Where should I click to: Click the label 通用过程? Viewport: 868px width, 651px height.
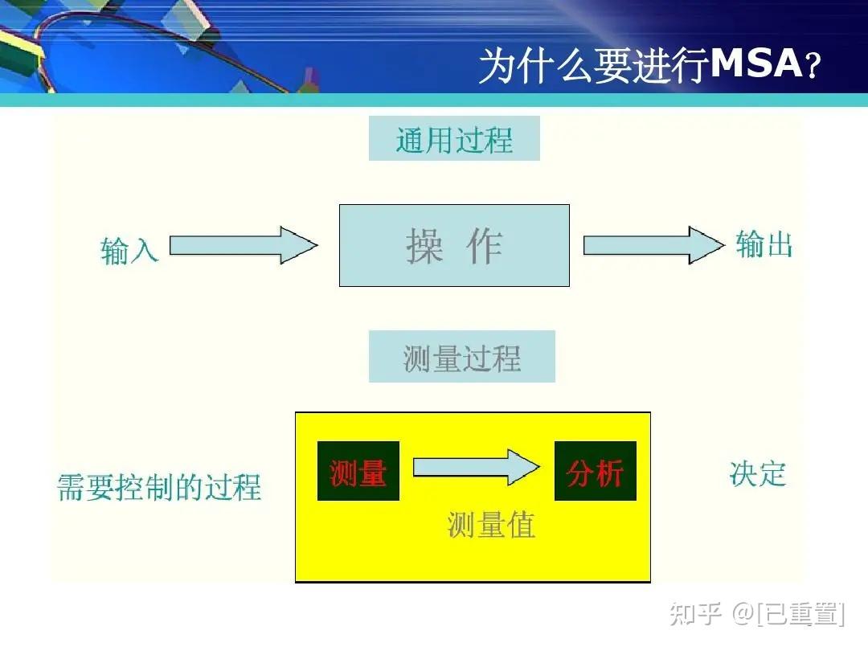[x=454, y=141]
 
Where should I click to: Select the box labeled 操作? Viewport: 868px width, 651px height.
[x=454, y=245]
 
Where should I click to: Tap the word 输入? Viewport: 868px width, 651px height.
[x=129, y=250]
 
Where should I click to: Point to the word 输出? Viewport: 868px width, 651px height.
[x=764, y=244]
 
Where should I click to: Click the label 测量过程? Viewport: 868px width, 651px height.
[x=462, y=358]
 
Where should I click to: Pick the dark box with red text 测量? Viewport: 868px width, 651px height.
[x=358, y=472]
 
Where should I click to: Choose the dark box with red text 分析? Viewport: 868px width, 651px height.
[x=596, y=472]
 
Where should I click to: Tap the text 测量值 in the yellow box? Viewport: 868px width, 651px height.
[x=491, y=525]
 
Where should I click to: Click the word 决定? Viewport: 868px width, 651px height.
[x=758, y=473]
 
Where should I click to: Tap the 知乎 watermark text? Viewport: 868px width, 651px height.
[x=696, y=615]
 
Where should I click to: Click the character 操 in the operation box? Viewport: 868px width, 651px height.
[x=425, y=246]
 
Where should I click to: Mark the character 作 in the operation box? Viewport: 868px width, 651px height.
[x=485, y=246]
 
